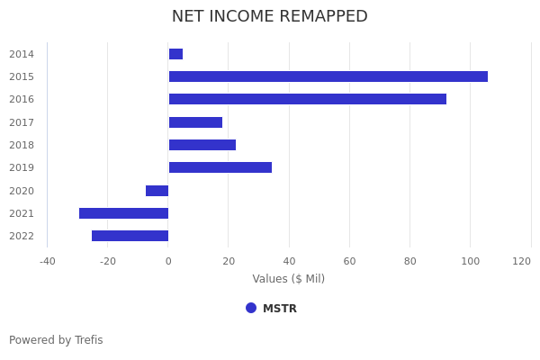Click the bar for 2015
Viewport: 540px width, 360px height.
point(328,76)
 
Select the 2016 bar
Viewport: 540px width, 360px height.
point(307,99)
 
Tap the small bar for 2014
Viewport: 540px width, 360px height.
point(175,54)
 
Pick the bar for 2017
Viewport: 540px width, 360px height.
point(195,122)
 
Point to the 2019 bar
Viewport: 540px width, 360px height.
point(220,167)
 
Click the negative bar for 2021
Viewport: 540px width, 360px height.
point(123,213)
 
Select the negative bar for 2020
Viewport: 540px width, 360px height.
point(157,191)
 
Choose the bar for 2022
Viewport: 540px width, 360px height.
point(130,236)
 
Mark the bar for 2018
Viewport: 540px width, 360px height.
point(202,145)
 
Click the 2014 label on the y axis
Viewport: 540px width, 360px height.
point(22,54)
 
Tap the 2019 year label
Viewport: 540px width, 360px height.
point(22,167)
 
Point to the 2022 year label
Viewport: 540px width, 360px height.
point(22,236)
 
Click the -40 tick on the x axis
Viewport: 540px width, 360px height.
point(47,261)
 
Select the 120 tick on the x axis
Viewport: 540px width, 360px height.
point(522,261)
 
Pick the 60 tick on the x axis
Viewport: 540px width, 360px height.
point(349,261)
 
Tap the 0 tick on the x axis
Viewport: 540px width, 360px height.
point(168,261)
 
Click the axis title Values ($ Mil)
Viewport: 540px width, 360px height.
point(288,279)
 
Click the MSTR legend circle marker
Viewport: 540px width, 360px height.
point(251,308)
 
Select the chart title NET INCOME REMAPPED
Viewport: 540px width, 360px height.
point(270,16)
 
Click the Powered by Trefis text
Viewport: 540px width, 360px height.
point(56,340)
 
